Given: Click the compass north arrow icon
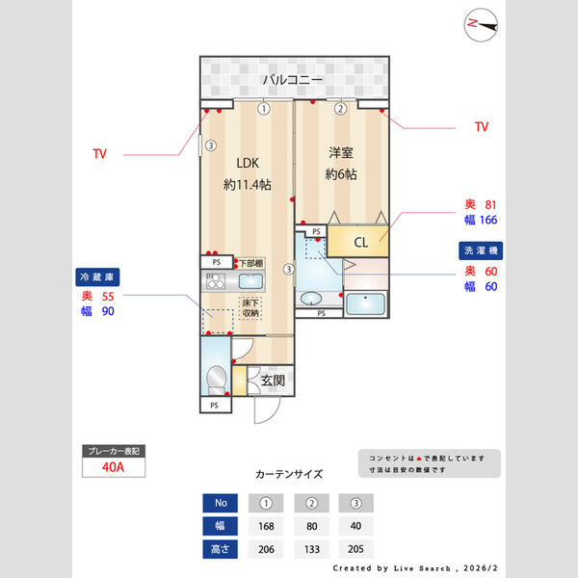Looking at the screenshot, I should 482,25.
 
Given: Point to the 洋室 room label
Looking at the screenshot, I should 341,152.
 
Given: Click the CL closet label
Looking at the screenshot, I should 360,242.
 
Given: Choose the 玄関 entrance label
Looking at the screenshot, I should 272,381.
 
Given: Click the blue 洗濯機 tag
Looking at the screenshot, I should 480,250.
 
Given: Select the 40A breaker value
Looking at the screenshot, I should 113,467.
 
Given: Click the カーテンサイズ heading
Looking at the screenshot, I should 289,474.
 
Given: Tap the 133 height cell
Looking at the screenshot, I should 311,549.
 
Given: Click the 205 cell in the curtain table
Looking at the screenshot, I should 355,549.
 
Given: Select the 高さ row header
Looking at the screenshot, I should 221,549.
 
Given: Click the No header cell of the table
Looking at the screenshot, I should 221,503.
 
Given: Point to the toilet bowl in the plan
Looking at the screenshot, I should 218,375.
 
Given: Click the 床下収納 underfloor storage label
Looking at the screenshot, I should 250,308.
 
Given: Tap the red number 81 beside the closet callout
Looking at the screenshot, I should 489,204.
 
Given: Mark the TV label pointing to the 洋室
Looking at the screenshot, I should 482,127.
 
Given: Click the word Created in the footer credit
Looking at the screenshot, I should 354,568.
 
